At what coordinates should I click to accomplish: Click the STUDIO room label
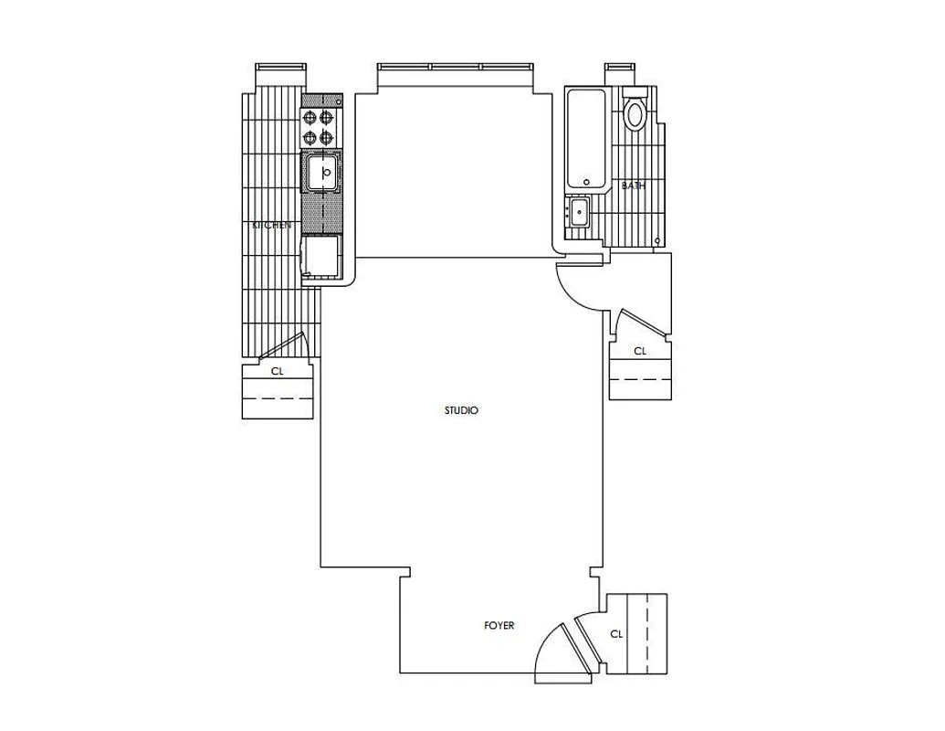click(x=461, y=411)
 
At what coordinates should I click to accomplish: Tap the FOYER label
click(x=499, y=626)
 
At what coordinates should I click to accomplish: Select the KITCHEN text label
click(x=272, y=225)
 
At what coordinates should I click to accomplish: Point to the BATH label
click(x=633, y=185)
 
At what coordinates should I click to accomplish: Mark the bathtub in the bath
click(x=585, y=138)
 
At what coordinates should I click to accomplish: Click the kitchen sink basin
click(x=321, y=172)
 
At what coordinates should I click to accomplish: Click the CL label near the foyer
click(x=616, y=634)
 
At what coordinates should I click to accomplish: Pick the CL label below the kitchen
click(x=278, y=372)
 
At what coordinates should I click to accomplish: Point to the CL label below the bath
click(x=640, y=351)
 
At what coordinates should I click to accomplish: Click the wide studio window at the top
click(x=454, y=69)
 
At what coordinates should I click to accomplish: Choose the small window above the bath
click(x=618, y=69)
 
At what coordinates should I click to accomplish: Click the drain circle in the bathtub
click(x=587, y=181)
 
